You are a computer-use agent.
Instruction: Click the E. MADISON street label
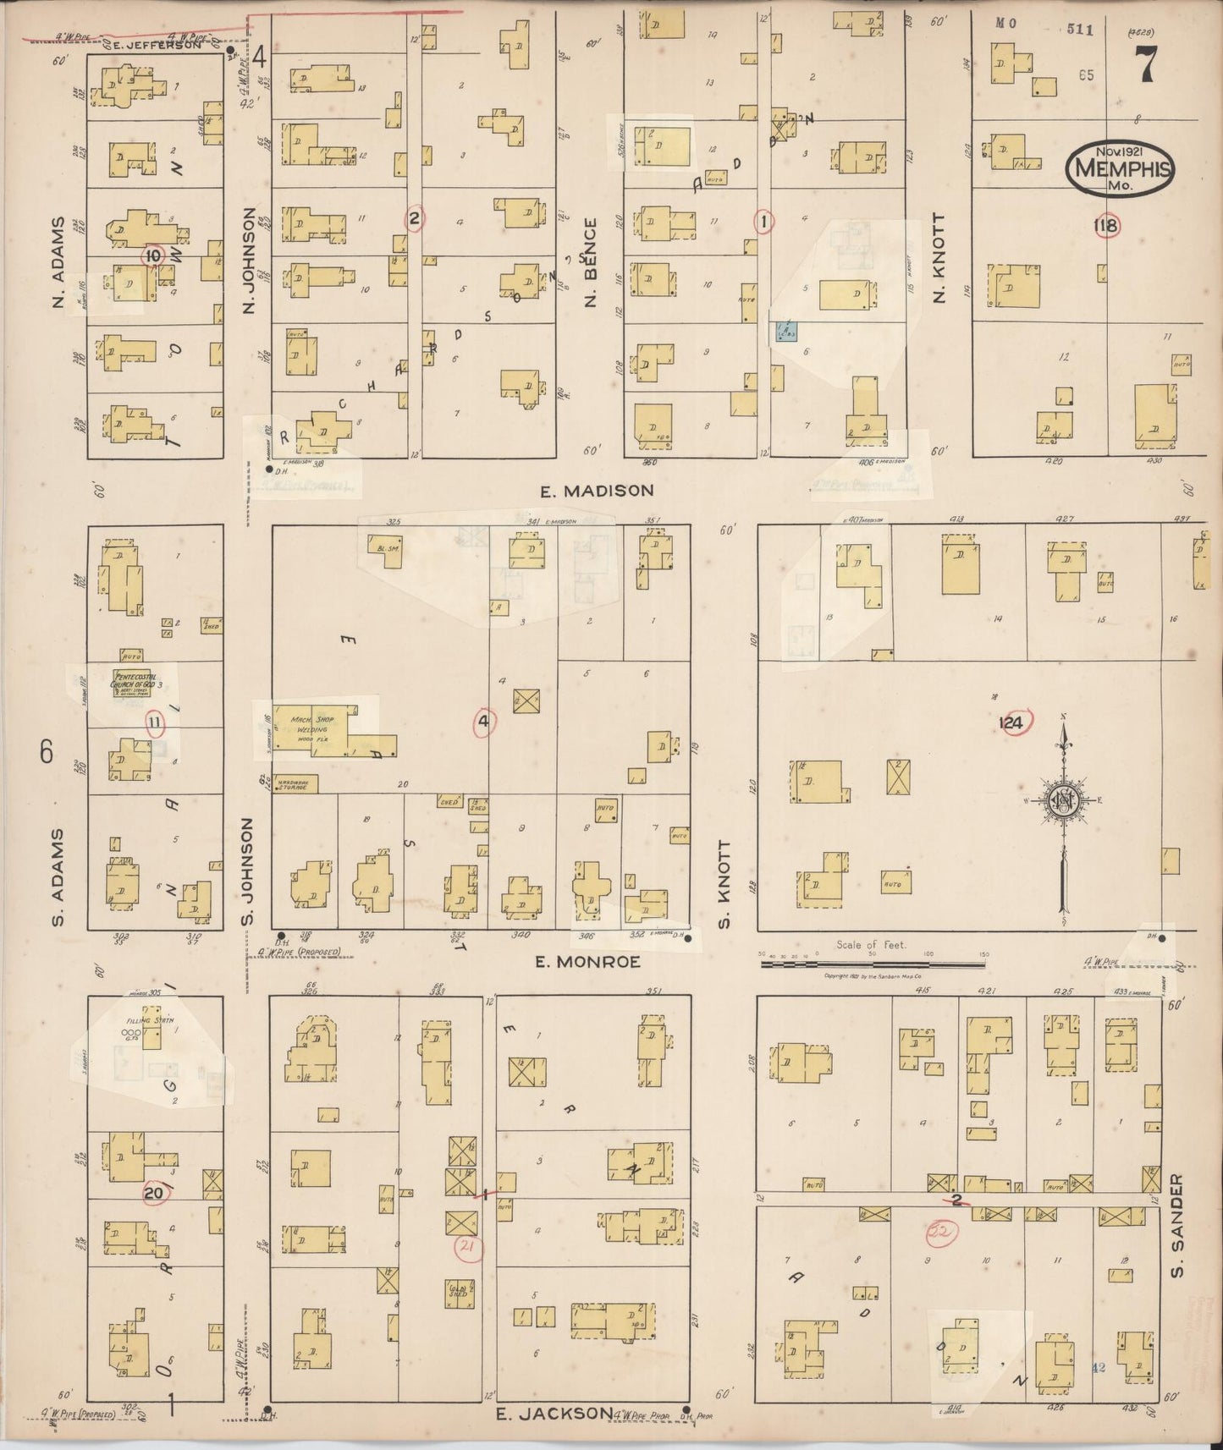[x=598, y=491]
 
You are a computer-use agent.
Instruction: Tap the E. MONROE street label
[x=588, y=962]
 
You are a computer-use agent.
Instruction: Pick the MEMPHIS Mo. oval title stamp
[x=1120, y=168]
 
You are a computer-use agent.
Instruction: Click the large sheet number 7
[x=1146, y=63]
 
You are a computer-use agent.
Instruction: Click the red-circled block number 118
[x=1105, y=226]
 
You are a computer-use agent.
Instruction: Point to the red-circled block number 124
[x=1011, y=722]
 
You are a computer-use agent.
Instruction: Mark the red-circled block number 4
[x=483, y=722]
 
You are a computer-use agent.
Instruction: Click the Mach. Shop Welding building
[x=313, y=728]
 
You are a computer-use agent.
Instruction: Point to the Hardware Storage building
[x=295, y=783]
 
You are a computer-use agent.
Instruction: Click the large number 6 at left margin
[x=47, y=751]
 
